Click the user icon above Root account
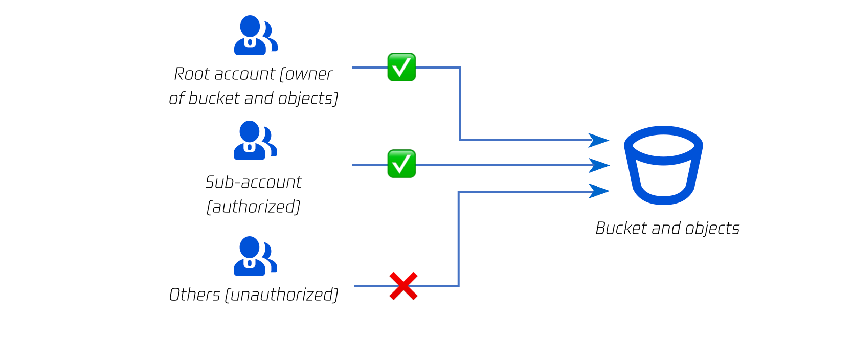[255, 35]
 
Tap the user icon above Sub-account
[255, 141]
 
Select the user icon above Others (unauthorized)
[255, 256]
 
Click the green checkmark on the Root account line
[401, 67]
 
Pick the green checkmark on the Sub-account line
[401, 164]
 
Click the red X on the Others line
[403, 286]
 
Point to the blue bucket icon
[663, 165]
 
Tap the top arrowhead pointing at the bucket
[599, 140]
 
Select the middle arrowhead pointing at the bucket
[599, 165]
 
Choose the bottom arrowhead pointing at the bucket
[599, 191]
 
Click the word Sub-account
[254, 182]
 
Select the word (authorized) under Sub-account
[254, 207]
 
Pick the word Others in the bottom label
[194, 295]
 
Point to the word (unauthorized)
[282, 295]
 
